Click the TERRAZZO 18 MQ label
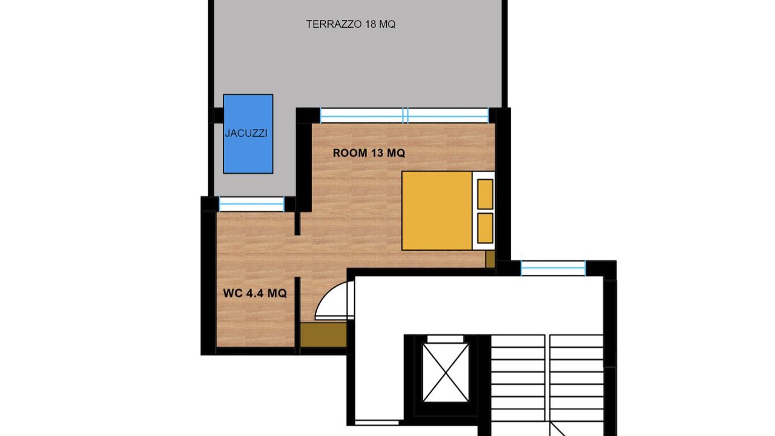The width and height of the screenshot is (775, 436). [x=351, y=24]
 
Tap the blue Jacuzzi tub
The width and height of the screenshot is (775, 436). [x=248, y=134]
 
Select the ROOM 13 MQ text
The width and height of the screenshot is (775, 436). [x=369, y=153]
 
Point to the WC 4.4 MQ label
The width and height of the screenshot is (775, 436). [x=255, y=294]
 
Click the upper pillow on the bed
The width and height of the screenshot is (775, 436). [x=485, y=194]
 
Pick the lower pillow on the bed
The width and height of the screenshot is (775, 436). [x=485, y=228]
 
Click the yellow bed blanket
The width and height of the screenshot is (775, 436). [x=437, y=211]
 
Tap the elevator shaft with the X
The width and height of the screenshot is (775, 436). [x=446, y=372]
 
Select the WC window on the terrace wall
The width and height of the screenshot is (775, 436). [x=251, y=204]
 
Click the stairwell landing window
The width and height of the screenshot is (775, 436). [x=553, y=268]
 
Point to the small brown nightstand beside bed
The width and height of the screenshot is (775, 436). [x=490, y=259]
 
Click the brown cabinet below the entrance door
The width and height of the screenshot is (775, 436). [x=323, y=335]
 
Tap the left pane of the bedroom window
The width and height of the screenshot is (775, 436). [x=362, y=116]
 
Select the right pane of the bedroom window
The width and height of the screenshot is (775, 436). [x=448, y=116]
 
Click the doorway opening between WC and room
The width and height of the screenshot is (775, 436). [x=297, y=256]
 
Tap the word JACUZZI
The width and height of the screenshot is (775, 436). [x=246, y=134]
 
